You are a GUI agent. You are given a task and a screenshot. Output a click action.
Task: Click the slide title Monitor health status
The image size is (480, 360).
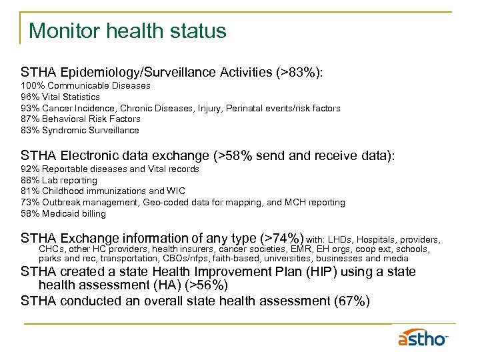pos(127,31)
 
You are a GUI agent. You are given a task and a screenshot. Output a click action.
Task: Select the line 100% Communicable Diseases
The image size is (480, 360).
pos(85,86)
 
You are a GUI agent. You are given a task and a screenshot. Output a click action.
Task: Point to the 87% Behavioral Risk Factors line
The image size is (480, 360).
pos(81,119)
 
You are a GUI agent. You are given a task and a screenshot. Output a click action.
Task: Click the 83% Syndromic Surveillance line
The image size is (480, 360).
pos(80,130)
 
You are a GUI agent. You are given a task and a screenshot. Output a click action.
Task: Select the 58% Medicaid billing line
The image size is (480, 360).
pos(63,213)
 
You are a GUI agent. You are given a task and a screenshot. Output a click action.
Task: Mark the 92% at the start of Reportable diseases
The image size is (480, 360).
pos(30,169)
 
